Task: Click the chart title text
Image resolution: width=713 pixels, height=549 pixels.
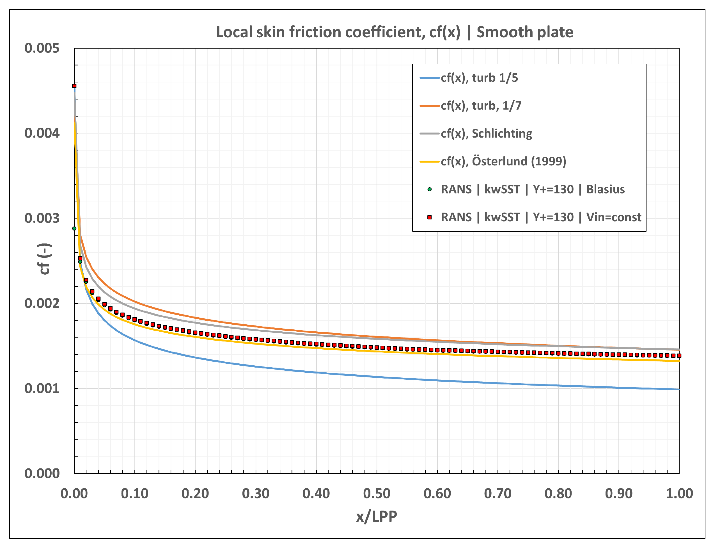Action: pos(394,32)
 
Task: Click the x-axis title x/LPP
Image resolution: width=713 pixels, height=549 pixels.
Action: pos(376,516)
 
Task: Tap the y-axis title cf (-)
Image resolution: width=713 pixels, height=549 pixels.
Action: pos(45,259)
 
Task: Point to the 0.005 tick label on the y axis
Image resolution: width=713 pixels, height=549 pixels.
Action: pos(42,48)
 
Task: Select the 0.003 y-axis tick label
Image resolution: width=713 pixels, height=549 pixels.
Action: pos(42,218)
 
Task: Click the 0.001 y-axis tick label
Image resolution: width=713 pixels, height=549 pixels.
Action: pos(42,389)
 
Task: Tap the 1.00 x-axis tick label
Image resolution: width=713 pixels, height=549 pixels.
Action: pos(679,493)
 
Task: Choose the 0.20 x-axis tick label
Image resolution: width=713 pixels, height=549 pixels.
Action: pos(195,493)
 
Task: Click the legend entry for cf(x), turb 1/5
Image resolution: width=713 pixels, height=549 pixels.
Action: pos(479,78)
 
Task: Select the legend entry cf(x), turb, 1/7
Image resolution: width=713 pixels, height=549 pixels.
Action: pos(481,106)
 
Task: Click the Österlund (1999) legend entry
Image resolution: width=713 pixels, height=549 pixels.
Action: pos(503,161)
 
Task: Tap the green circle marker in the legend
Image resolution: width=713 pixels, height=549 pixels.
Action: pos(430,189)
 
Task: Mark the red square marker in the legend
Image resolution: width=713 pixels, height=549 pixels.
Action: pos(430,217)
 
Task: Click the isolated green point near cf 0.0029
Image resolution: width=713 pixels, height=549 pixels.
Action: pos(74,228)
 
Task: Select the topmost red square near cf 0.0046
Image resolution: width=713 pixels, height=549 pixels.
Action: pos(74,86)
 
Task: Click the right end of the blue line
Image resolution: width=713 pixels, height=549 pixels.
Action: pos(678,389)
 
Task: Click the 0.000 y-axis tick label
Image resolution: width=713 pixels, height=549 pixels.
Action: pos(42,473)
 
